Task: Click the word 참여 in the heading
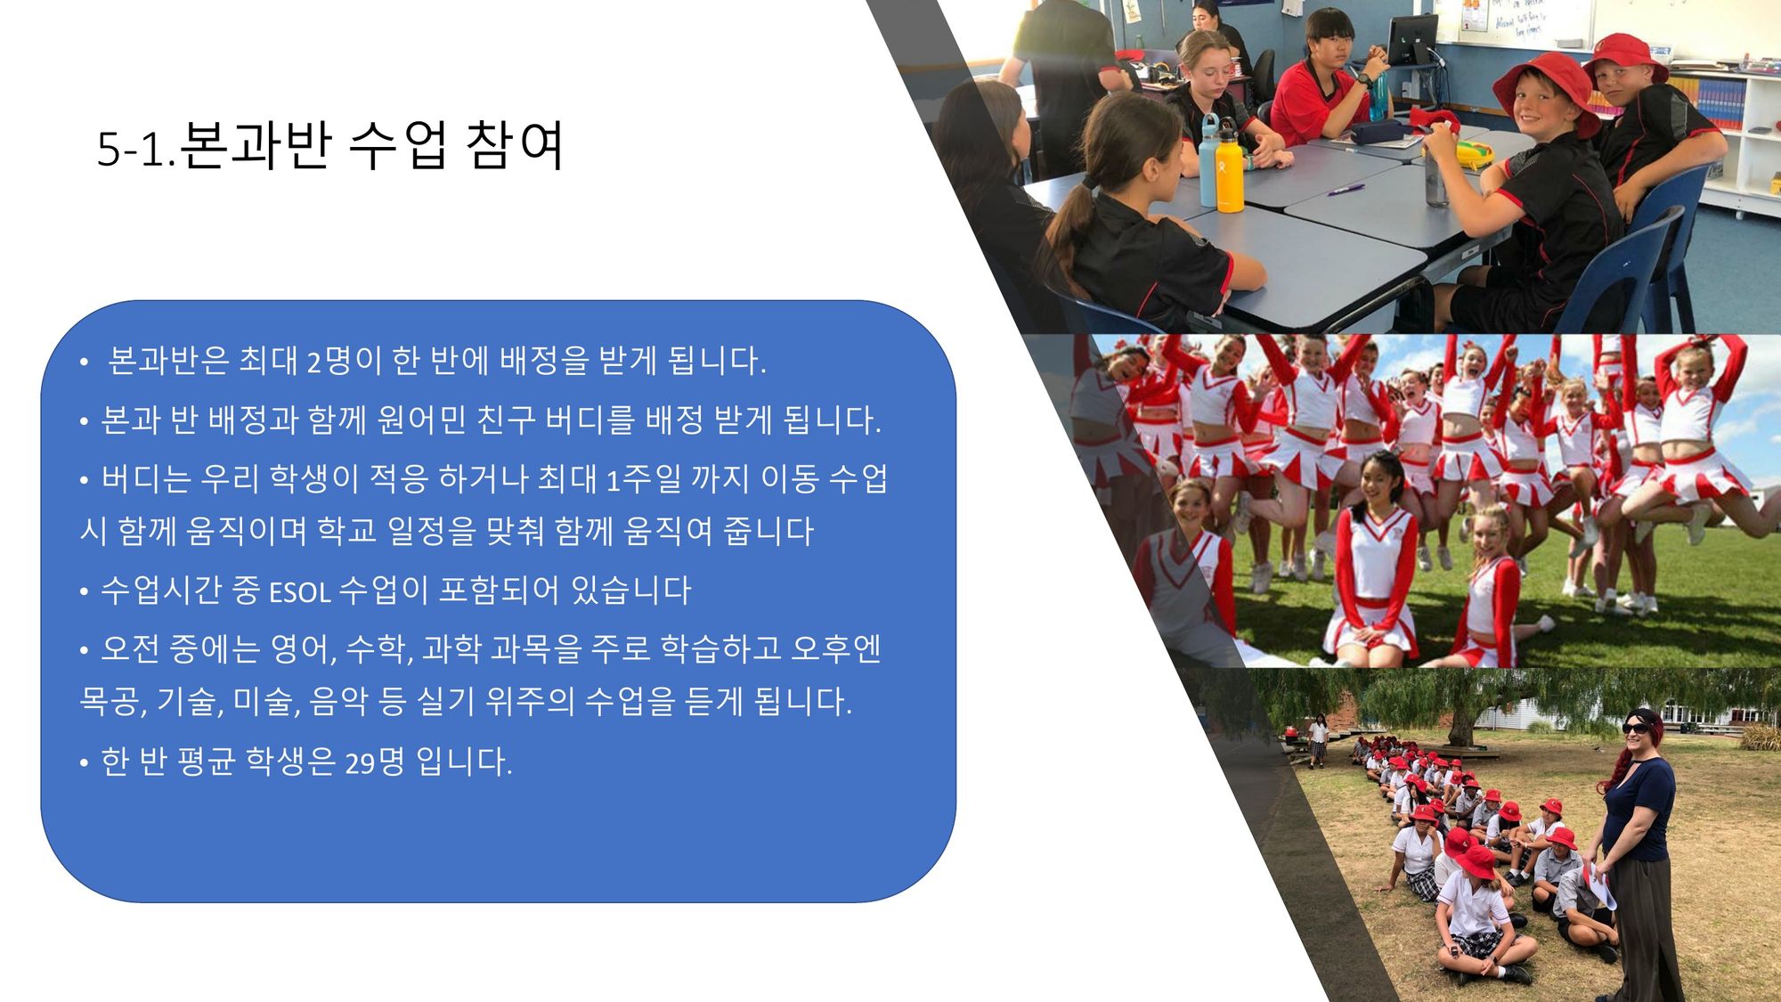point(515,145)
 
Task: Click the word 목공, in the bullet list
point(113,702)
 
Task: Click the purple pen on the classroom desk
point(1346,189)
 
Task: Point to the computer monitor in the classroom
point(1412,39)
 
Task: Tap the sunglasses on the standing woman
point(1635,728)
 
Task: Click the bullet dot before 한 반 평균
point(84,763)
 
